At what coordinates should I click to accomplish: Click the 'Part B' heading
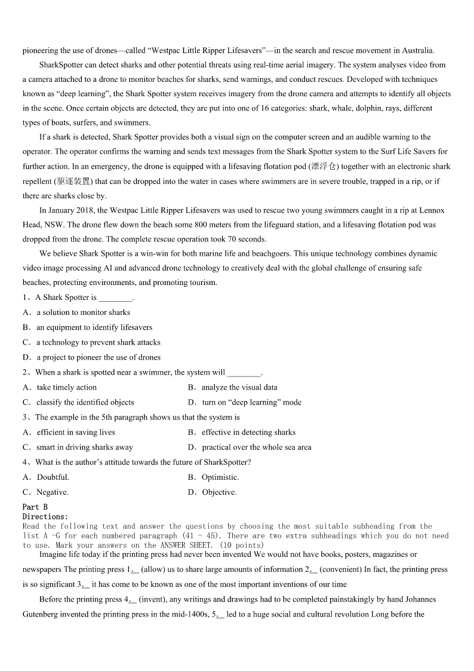coord(35,507)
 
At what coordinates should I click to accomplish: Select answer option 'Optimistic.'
coord(220,477)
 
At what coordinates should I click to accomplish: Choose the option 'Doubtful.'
coord(53,477)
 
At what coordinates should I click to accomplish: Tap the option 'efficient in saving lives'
coord(76,433)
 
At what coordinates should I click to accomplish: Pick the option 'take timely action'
coord(66,388)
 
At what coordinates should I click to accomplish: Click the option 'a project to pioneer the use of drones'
coord(99,358)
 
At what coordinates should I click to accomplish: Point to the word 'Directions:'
coord(45,516)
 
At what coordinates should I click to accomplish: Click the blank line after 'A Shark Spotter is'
coord(115,298)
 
